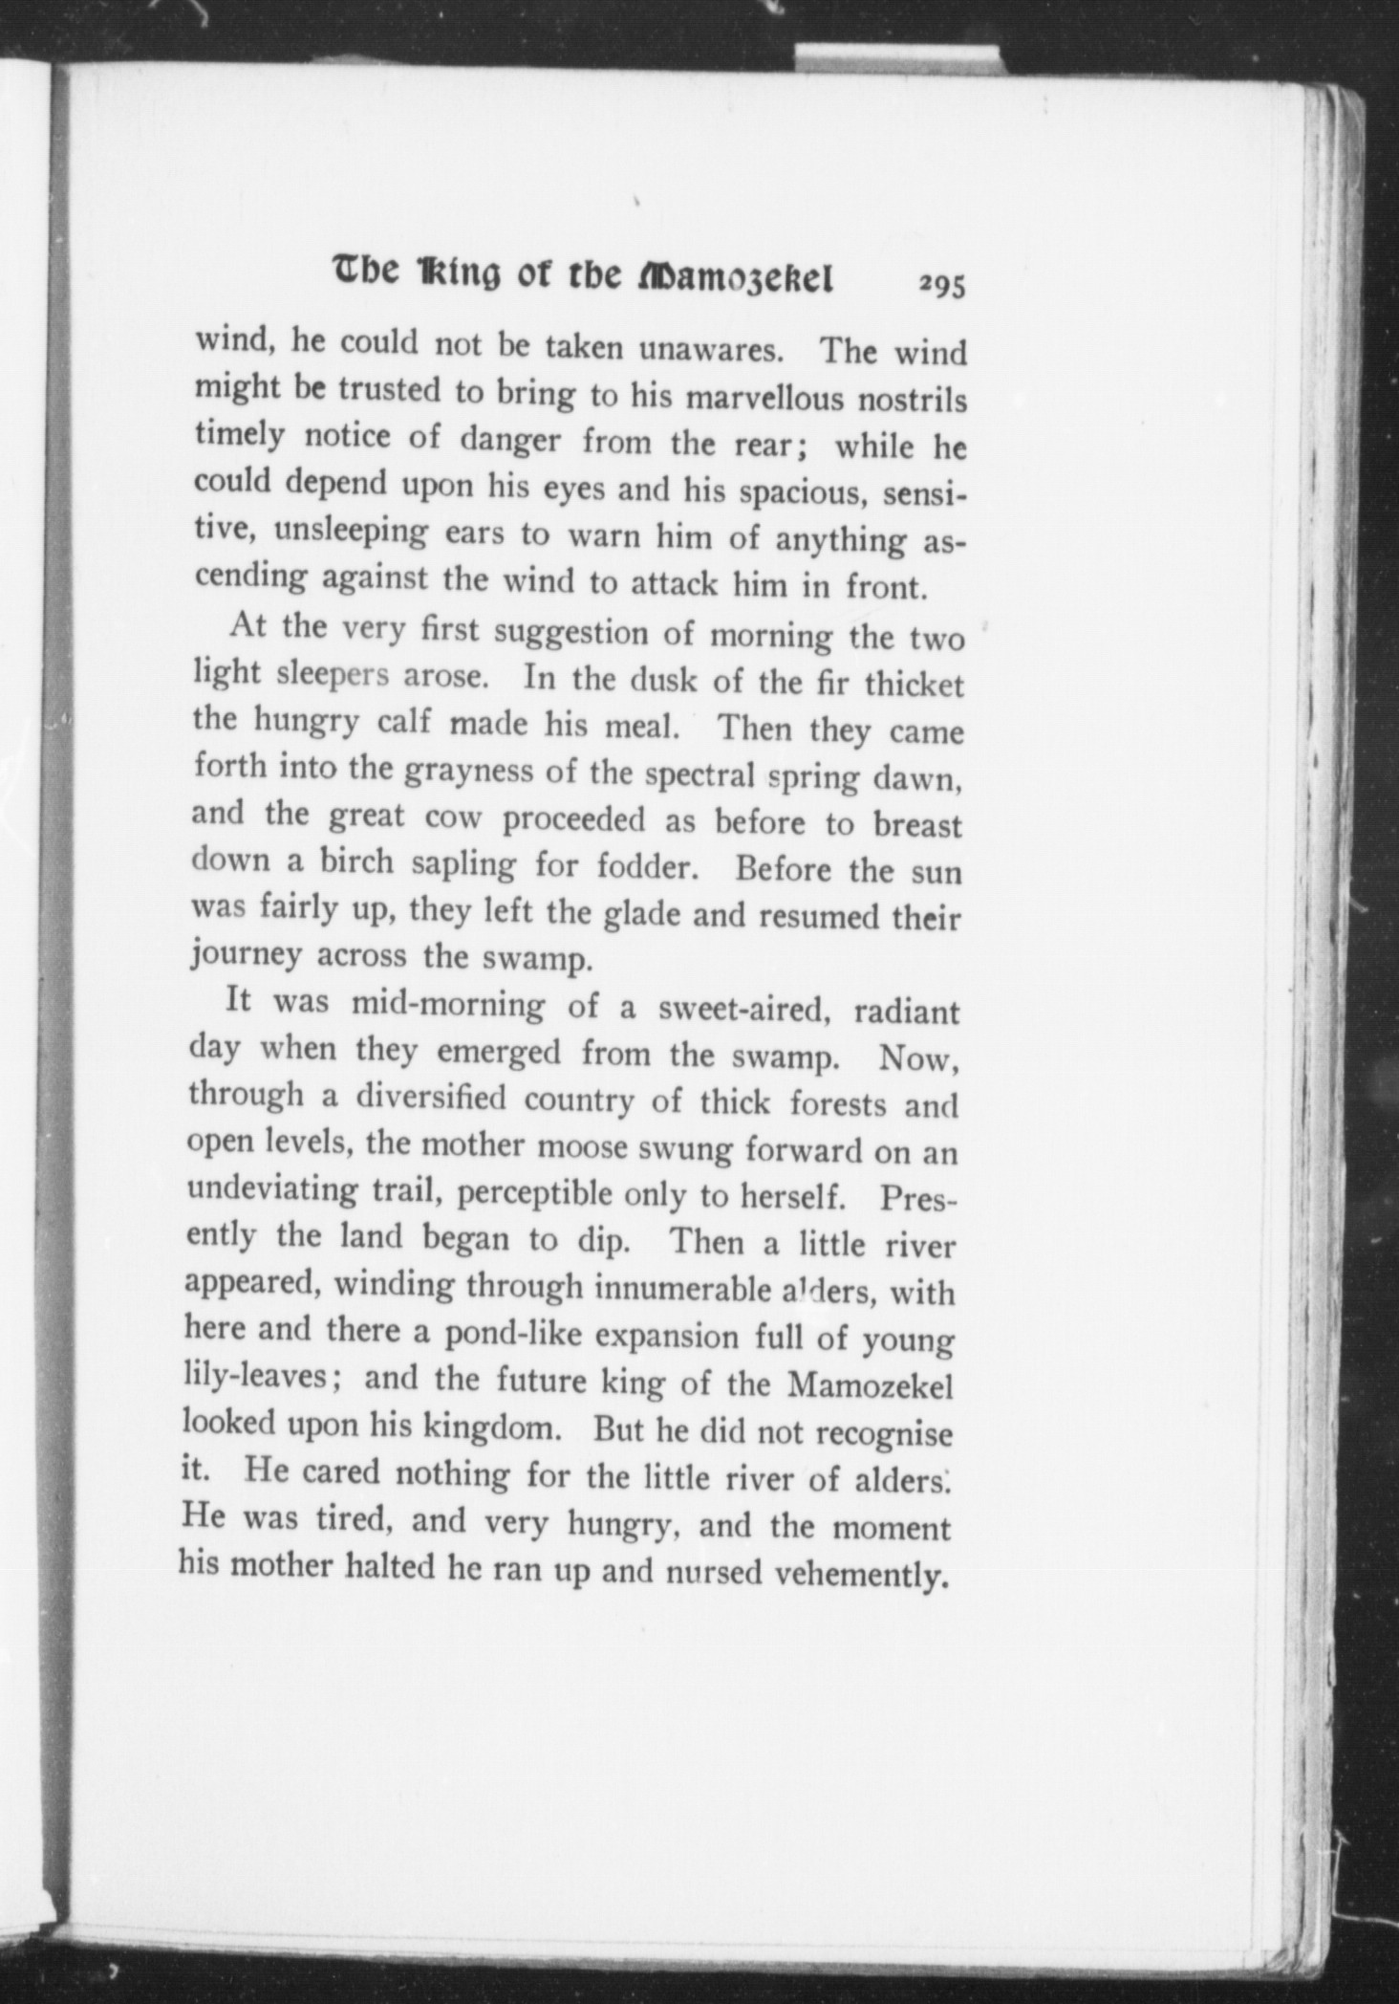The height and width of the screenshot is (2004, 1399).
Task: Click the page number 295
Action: [x=942, y=286]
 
